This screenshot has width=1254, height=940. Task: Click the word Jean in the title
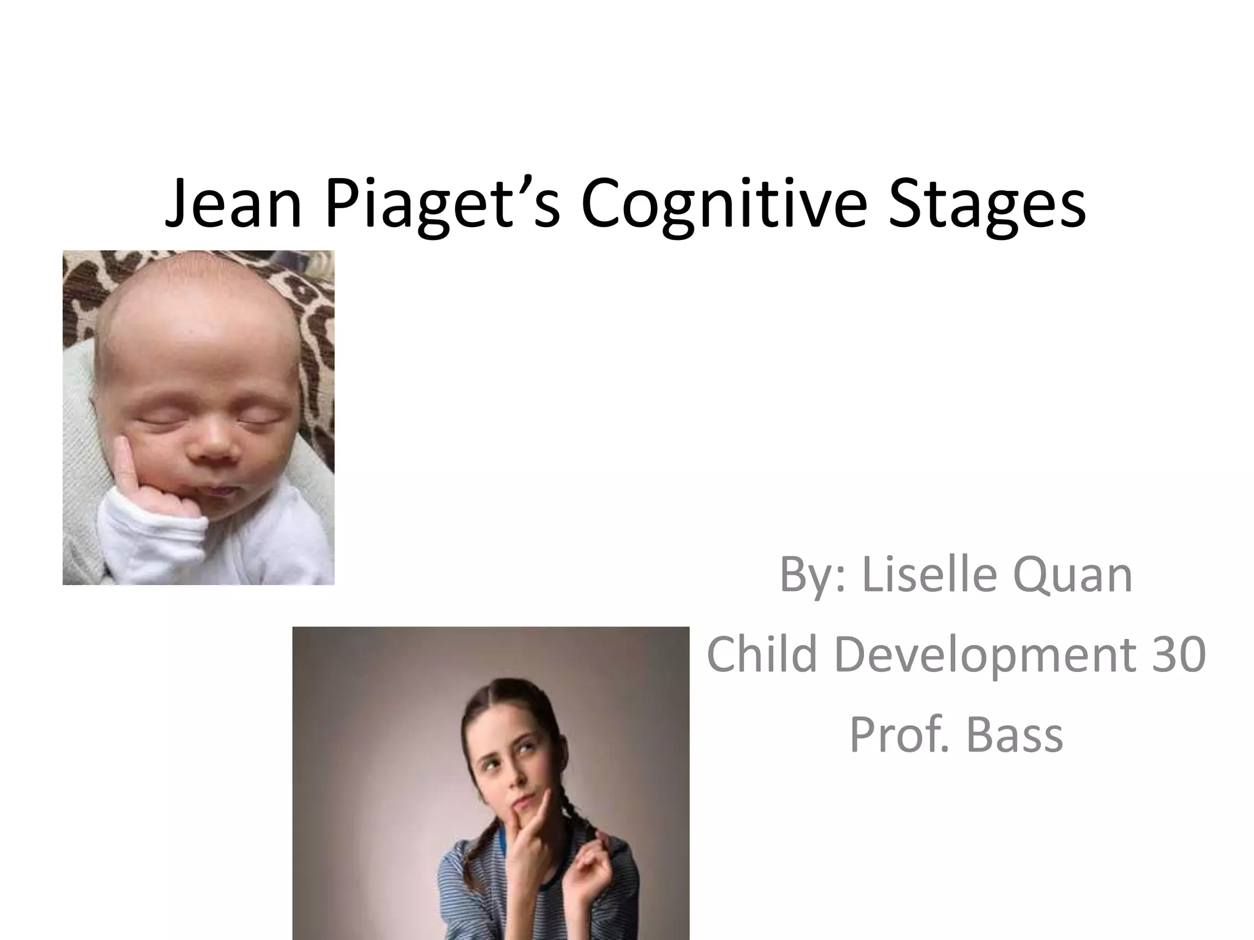click(233, 203)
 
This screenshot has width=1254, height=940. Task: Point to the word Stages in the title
click(987, 203)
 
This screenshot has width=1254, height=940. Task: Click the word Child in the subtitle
click(762, 654)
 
